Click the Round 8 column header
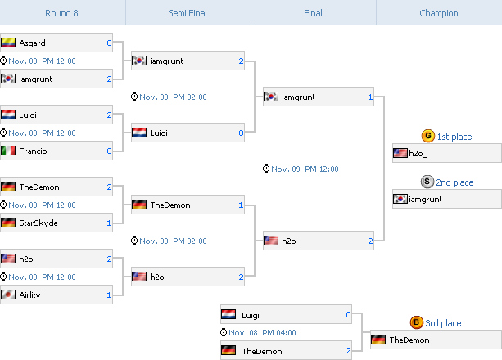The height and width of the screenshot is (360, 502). pos(61,13)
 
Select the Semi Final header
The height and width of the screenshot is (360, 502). pos(188,13)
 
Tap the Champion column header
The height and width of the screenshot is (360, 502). pos(439,13)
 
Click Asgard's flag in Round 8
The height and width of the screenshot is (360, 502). pos(8,43)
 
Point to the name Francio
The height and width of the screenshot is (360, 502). pos(33,151)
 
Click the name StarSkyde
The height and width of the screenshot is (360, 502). pos(38,223)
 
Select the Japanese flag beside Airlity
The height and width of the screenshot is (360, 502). pos(8,295)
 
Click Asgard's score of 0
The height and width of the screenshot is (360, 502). pos(109,43)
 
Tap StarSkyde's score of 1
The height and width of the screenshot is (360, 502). pos(109,223)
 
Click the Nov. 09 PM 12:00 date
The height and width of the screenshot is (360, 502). pos(305,169)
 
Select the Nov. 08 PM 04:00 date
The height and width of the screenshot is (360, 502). pos(262,332)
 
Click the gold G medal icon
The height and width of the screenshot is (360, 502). pos(428,136)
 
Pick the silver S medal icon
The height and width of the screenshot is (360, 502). pos(427,182)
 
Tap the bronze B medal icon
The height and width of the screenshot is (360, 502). pos(417,322)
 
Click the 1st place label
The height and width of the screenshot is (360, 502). pos(455,137)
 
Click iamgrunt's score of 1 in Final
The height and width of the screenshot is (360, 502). pos(370,97)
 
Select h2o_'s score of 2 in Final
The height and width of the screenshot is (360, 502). pos(370,241)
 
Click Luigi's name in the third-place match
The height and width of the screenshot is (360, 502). pos(251,316)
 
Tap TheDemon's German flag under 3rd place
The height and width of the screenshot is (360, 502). pos(378,340)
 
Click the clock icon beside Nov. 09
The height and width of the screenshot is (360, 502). pos(266,169)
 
